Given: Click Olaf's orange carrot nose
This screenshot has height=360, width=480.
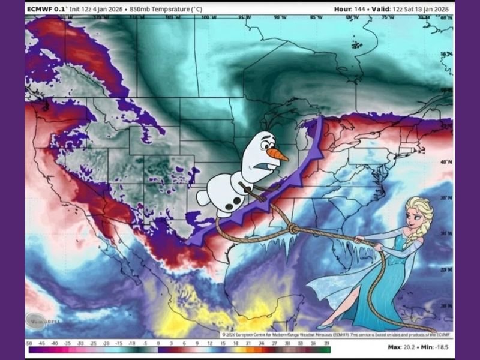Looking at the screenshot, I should (x=278, y=155).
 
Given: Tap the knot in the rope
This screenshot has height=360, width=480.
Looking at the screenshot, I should (x=292, y=229).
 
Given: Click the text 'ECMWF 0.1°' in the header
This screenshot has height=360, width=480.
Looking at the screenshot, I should (x=46, y=9).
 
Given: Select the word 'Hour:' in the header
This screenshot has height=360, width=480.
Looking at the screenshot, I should (x=343, y=9).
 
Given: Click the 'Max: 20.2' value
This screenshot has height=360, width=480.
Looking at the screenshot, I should (x=402, y=347).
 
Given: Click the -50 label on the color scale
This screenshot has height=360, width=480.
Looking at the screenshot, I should (x=29, y=343).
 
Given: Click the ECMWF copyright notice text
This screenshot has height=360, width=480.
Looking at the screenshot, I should (x=336, y=334).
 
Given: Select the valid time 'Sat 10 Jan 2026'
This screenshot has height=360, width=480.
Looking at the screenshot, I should (x=427, y=9).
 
